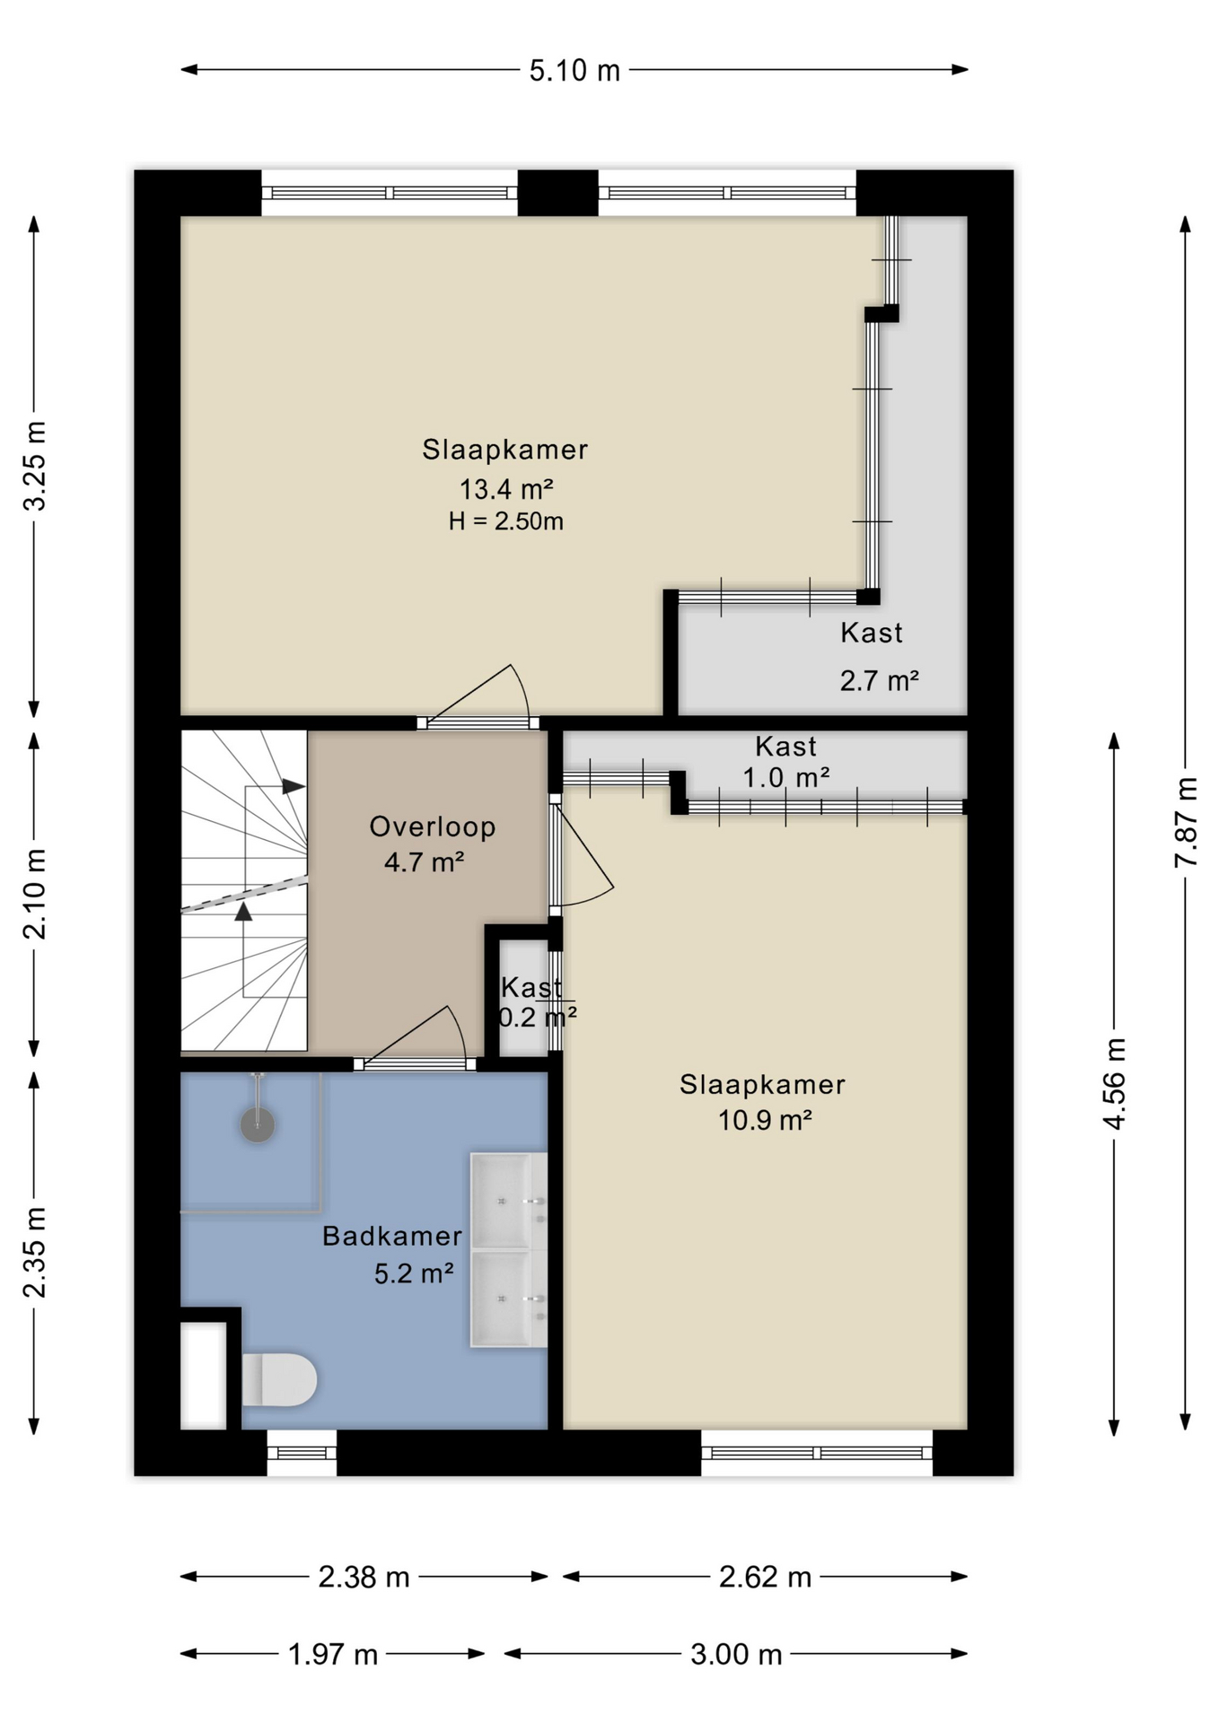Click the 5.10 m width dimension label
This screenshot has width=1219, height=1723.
tap(574, 70)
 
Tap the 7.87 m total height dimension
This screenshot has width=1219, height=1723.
tap(1186, 822)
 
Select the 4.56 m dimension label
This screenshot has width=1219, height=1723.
tap(1114, 1083)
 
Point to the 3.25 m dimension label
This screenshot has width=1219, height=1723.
tap(34, 465)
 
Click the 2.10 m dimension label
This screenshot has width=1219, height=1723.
tap(34, 894)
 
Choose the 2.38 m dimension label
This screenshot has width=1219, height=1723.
tap(364, 1577)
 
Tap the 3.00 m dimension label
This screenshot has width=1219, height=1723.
tap(736, 1654)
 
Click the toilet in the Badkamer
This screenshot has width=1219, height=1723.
tap(279, 1379)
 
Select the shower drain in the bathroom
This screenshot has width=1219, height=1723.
tap(258, 1124)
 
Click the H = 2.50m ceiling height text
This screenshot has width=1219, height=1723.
tap(506, 521)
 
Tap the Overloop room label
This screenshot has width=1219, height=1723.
tap(433, 827)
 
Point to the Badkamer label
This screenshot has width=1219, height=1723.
tap(392, 1236)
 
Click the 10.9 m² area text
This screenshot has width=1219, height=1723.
tap(765, 1120)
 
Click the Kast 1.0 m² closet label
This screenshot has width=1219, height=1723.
tap(786, 762)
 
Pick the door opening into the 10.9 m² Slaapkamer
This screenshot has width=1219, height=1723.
tap(582, 853)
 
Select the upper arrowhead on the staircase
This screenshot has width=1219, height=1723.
tap(294, 786)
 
